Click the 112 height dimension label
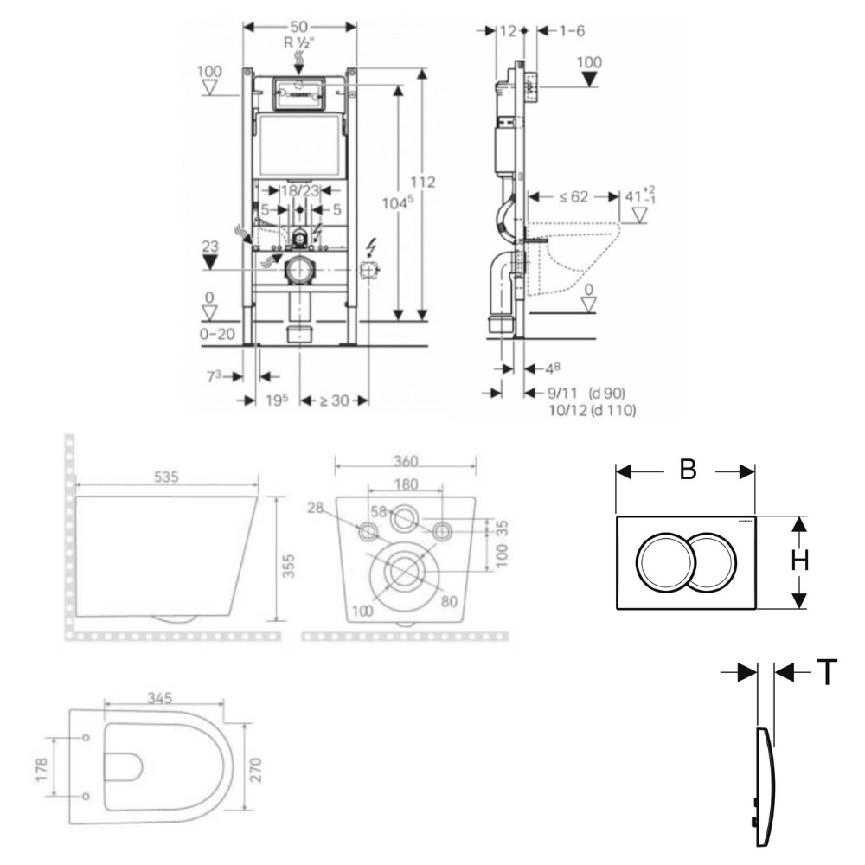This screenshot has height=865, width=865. [x=423, y=183]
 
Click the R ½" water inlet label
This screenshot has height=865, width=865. [x=299, y=41]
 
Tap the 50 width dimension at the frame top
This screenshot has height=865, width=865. [x=300, y=27]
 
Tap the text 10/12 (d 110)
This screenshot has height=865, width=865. [x=593, y=411]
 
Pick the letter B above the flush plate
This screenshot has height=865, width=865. [x=688, y=470]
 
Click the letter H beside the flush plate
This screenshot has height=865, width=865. [x=800, y=561]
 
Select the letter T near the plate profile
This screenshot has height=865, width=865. [x=827, y=672]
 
